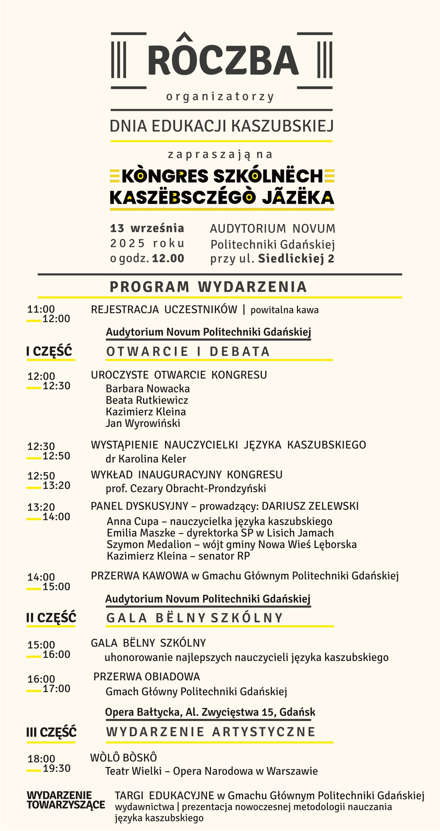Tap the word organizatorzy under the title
[220, 96]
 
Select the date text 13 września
[147, 228]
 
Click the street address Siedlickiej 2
[296, 258]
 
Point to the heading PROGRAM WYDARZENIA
[208, 287]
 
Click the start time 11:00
[41, 309]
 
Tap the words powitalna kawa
[284, 310]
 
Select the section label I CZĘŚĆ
[49, 351]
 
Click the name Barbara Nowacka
[148, 388]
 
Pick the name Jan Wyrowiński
[143, 423]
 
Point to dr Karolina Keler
[146, 459]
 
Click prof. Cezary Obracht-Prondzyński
[186, 488]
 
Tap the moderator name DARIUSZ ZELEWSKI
[310, 506]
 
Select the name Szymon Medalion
[149, 544]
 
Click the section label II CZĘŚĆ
[51, 618]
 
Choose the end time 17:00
[56, 689]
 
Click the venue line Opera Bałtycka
[143, 712]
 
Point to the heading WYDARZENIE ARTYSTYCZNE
[211, 732]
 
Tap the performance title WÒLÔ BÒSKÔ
[124, 758]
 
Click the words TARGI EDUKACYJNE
[164, 795]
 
